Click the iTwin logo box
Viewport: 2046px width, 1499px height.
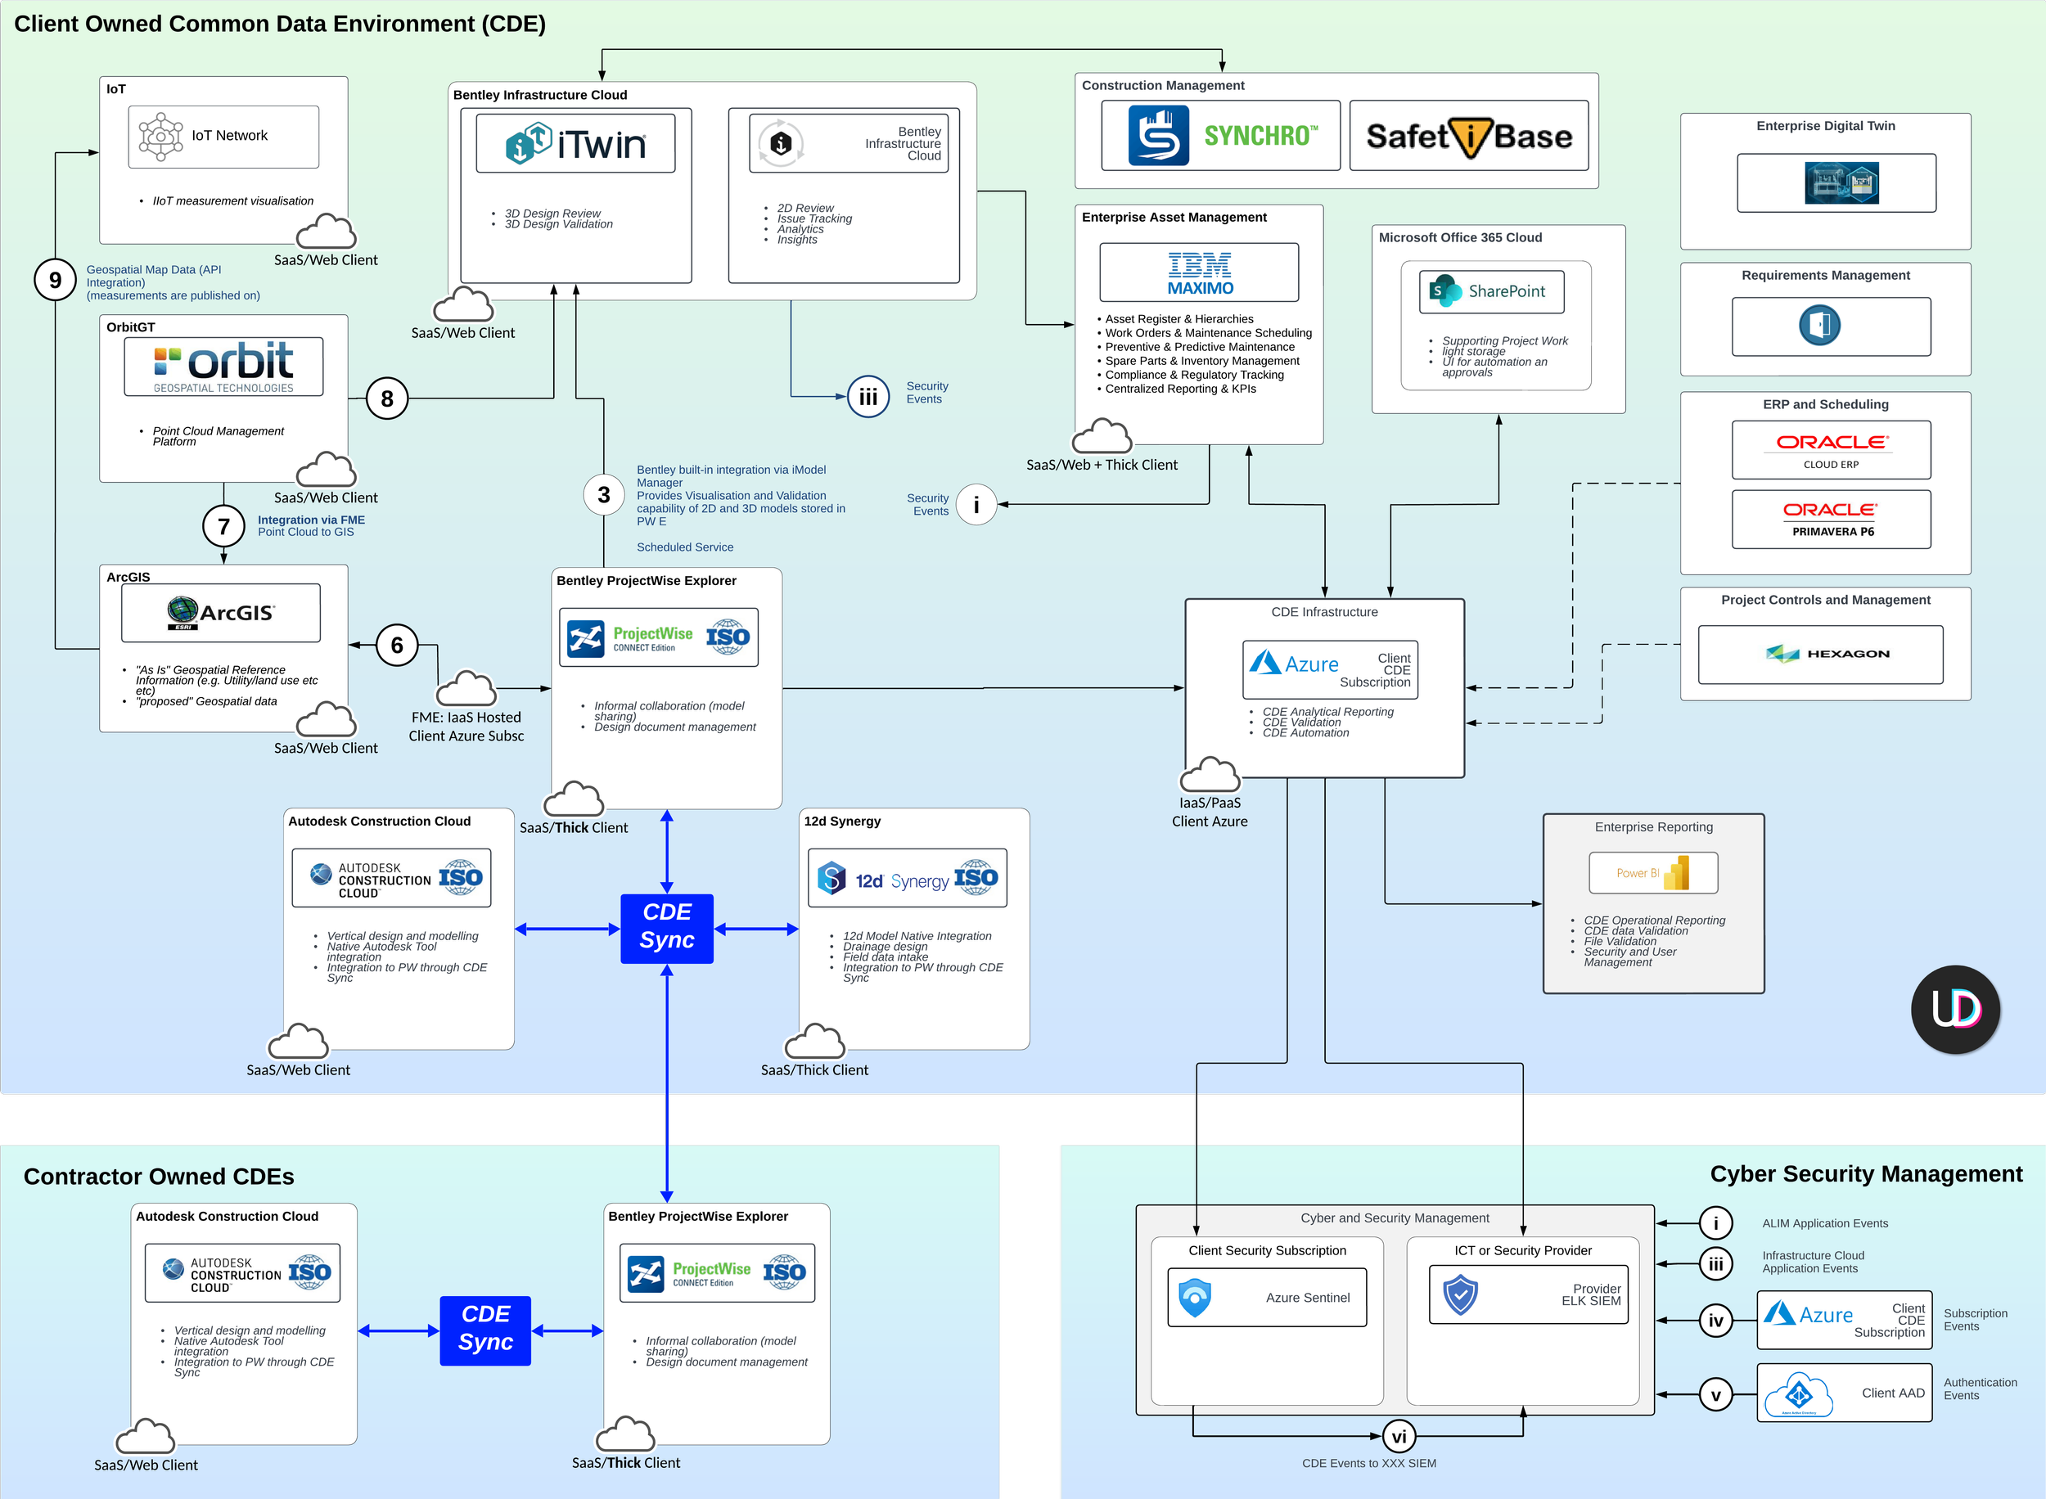click(x=575, y=143)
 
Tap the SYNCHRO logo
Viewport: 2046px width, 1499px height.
click(x=1220, y=135)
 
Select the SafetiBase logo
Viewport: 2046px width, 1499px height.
click(x=1469, y=135)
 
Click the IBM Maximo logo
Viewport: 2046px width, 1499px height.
click(x=1199, y=272)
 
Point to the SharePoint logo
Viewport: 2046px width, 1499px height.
click(x=1491, y=291)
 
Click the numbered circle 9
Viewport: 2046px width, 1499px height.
click(x=56, y=280)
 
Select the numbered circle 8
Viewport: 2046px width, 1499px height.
click(x=387, y=398)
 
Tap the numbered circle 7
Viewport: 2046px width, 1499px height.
click(x=224, y=526)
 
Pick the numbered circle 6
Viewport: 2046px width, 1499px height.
click(x=396, y=645)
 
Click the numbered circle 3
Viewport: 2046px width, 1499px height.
click(x=604, y=494)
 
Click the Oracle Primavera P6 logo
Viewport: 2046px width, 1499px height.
click(x=1831, y=519)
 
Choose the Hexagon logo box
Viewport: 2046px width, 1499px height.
click(x=1820, y=655)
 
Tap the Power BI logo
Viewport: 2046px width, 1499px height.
click(x=1652, y=873)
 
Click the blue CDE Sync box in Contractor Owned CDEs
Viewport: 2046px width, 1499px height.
click(x=485, y=1330)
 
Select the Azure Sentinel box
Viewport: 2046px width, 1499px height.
click(x=1267, y=1298)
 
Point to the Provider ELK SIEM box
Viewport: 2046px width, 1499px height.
click(x=1528, y=1294)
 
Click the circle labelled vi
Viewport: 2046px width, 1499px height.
click(x=1399, y=1436)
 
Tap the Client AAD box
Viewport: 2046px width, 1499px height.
click(x=1844, y=1393)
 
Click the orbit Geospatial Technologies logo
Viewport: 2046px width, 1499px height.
click(x=223, y=367)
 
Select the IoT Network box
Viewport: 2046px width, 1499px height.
click(x=223, y=136)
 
